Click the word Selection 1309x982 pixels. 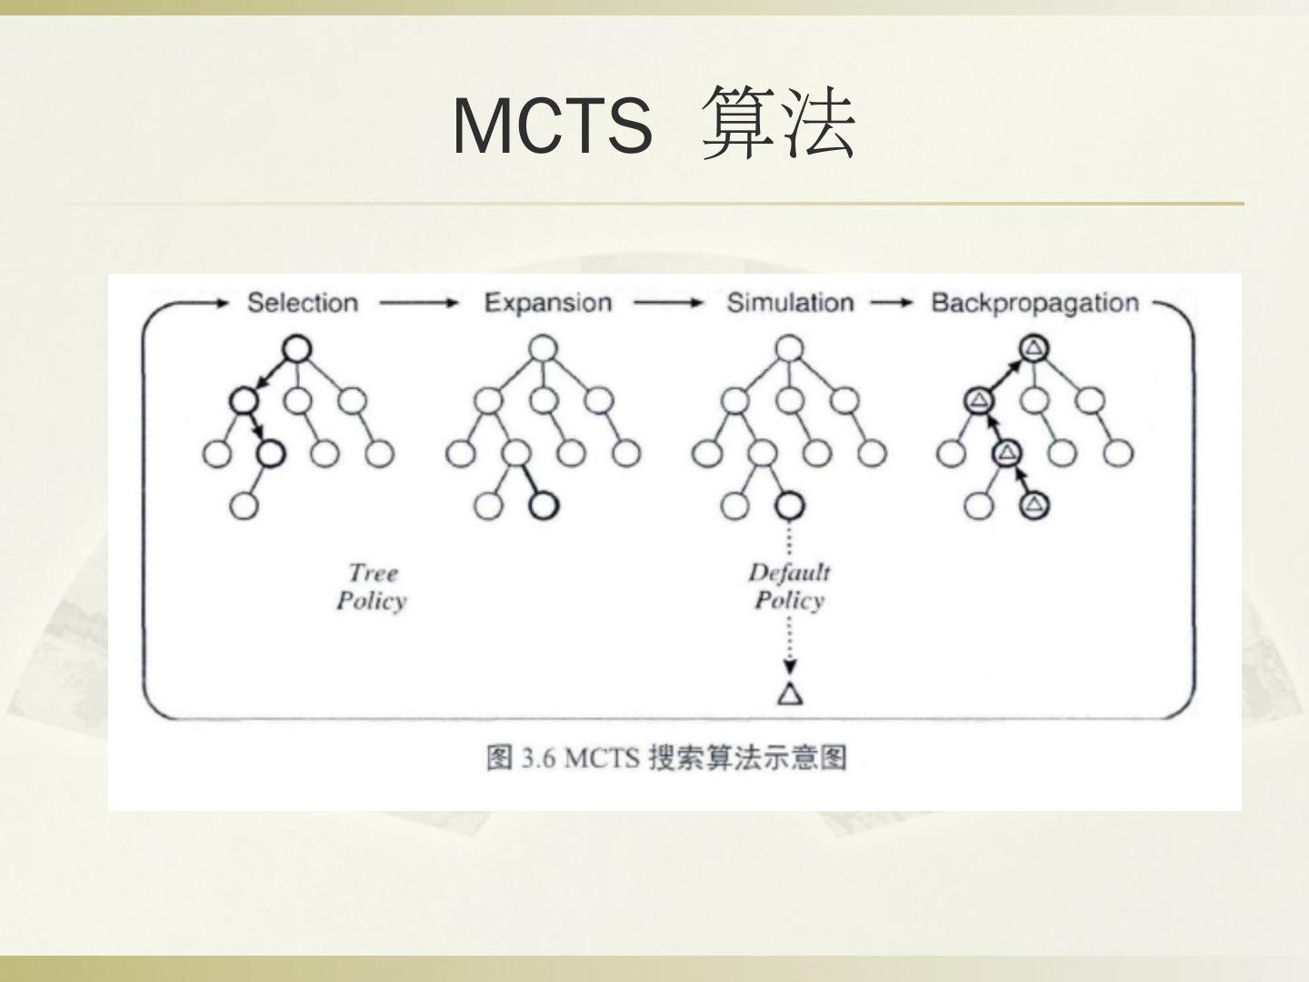pyautogui.click(x=303, y=303)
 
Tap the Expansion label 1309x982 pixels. pyautogui.click(x=547, y=303)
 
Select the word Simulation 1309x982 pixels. pyautogui.click(x=790, y=303)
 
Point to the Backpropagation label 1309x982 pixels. pyautogui.click(x=1034, y=303)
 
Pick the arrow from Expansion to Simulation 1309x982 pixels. pyautogui.click(x=669, y=303)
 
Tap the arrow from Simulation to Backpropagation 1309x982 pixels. pyautogui.click(x=892, y=303)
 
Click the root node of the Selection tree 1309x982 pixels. pyautogui.click(x=297, y=348)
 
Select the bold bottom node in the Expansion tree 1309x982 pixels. pyautogui.click(x=543, y=506)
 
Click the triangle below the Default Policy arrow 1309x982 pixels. pyautogui.click(x=790, y=694)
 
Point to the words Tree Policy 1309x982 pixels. pyautogui.click(x=371, y=586)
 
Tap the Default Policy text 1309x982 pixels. pyautogui.click(x=789, y=586)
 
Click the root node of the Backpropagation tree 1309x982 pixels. pyautogui.click(x=1034, y=347)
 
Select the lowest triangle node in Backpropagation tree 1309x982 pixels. pyautogui.click(x=1034, y=505)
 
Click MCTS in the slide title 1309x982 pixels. pyautogui.click(x=553, y=125)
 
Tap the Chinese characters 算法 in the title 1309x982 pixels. pyautogui.click(x=780, y=124)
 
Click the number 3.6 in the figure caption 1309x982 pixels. pyautogui.click(x=538, y=757)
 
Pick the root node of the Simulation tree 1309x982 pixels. pyautogui.click(x=790, y=348)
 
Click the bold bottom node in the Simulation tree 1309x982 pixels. pyautogui.click(x=789, y=506)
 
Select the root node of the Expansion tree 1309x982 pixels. pyautogui.click(x=543, y=348)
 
